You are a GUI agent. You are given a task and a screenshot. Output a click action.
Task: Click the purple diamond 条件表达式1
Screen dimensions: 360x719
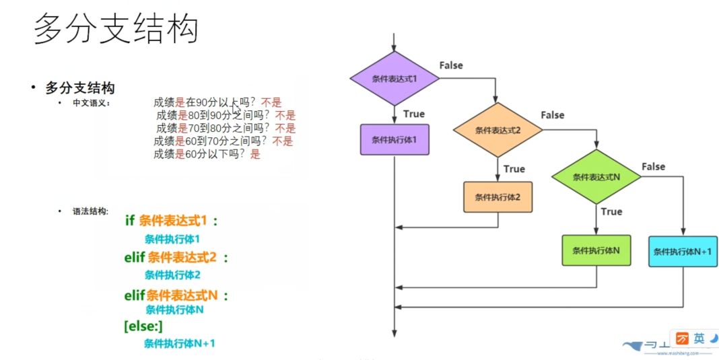[395, 79]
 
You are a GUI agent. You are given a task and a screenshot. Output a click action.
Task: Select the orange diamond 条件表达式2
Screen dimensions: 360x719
[498, 130]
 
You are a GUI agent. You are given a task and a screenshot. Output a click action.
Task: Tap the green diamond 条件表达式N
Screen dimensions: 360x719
[596, 177]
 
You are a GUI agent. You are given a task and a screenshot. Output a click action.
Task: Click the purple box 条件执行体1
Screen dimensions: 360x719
[395, 140]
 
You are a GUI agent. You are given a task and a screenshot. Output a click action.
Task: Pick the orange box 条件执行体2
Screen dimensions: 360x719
[498, 197]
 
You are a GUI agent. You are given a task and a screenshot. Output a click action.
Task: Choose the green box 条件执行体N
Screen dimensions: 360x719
[596, 250]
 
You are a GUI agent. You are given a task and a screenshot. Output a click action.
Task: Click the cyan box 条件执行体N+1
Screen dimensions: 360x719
[683, 252]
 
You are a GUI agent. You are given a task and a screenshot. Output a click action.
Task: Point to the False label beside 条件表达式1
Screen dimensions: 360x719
[451, 65]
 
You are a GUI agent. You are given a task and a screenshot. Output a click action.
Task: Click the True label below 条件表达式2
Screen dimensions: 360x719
[514, 169]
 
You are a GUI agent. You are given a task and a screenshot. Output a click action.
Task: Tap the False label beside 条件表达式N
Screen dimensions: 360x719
[653, 166]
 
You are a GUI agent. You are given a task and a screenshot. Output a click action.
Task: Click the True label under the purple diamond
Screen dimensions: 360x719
[414, 114]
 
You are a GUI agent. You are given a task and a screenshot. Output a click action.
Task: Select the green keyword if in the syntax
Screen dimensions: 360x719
[130, 220]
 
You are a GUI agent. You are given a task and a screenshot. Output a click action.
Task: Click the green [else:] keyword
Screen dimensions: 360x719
[143, 326]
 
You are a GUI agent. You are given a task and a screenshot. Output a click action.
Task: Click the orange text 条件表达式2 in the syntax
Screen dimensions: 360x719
[182, 257]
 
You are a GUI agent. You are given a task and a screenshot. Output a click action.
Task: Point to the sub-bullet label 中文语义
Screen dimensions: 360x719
[92, 103]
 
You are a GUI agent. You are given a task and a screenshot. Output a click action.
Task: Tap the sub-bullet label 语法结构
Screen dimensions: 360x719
[90, 211]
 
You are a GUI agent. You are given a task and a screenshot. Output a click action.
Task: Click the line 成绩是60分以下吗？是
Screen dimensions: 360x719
[206, 154]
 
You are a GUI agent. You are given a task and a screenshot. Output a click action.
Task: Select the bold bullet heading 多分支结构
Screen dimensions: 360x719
[80, 87]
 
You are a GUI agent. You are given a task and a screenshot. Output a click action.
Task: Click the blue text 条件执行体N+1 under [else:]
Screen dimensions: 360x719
[179, 343]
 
